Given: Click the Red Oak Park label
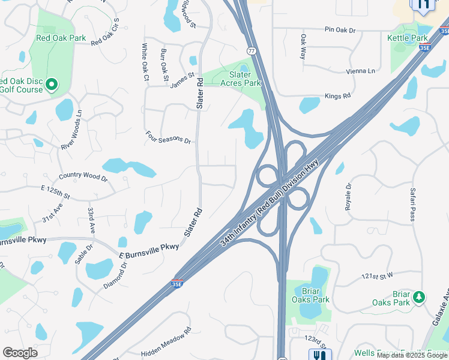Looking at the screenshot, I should pyautogui.click(x=61, y=38).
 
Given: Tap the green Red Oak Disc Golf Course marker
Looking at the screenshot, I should pyautogui.click(x=52, y=85).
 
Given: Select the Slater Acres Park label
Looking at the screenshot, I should pyautogui.click(x=241, y=79).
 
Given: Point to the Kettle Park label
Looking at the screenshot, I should pyautogui.click(x=408, y=38).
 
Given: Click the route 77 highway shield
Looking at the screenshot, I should pyautogui.click(x=251, y=52).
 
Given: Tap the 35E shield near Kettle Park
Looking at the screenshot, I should pyautogui.click(x=424, y=46).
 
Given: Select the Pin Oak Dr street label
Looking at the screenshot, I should pyautogui.click(x=340, y=29).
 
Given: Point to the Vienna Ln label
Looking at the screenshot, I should pyautogui.click(x=360, y=71).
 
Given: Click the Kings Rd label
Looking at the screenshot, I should pyautogui.click(x=337, y=96).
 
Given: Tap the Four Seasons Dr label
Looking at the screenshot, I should pyautogui.click(x=168, y=137).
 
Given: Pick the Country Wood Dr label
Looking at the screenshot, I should pyautogui.click(x=83, y=177).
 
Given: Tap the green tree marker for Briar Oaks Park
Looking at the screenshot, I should pyautogui.click(x=419, y=296).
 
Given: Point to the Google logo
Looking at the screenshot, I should pyautogui.click(x=20, y=352).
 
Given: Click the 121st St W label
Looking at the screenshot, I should pyautogui.click(x=376, y=276).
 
